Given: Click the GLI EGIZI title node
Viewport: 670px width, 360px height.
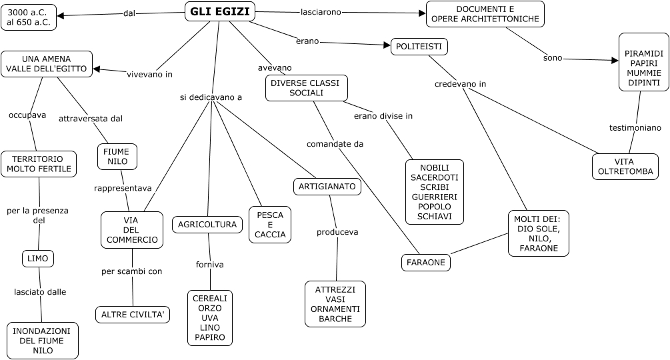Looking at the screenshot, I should (219, 11).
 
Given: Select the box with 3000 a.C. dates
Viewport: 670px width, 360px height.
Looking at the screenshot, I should (29, 17).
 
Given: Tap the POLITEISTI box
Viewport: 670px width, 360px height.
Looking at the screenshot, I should (419, 47).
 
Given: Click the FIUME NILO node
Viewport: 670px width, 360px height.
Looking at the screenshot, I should (117, 157).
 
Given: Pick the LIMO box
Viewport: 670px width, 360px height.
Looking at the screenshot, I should (37, 258).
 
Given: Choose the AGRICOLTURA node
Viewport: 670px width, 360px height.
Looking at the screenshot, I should (207, 225).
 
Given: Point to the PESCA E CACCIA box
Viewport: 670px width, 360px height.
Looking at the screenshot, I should (270, 225).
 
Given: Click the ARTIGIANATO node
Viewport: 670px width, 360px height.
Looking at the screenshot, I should (327, 187).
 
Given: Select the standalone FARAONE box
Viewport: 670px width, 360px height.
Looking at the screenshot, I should (426, 263).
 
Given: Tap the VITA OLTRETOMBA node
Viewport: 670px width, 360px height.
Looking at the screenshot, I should (625, 167).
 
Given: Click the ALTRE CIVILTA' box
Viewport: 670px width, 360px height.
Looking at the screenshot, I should (133, 315).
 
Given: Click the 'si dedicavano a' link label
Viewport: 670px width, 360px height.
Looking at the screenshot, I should (211, 97).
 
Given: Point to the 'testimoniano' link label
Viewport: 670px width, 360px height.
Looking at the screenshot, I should (635, 127).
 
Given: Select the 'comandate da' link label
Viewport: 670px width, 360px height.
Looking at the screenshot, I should (335, 143).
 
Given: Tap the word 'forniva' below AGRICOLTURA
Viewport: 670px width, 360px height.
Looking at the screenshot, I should (209, 265).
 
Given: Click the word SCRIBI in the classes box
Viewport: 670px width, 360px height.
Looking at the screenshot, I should (434, 187).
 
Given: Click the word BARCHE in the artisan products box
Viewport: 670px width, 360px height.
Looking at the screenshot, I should (335, 319).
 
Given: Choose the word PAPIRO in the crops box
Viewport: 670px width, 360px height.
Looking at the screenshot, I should (209, 338).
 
